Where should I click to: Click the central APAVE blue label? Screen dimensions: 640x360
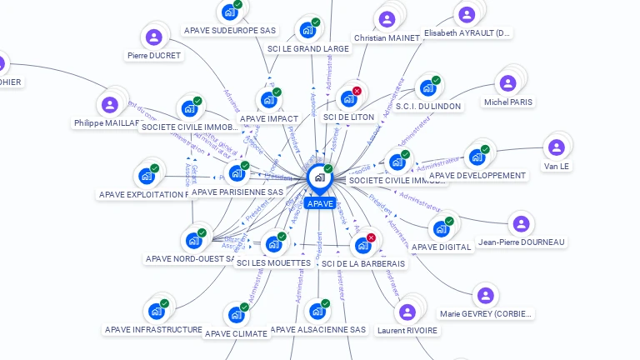(320, 203)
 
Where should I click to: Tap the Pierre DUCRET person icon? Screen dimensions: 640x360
(153, 37)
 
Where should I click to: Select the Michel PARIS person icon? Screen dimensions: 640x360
(507, 83)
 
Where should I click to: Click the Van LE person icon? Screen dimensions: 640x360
(556, 147)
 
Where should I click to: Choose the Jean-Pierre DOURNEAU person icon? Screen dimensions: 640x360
(521, 223)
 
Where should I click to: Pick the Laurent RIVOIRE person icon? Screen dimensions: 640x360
(407, 312)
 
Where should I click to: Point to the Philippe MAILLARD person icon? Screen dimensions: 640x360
(108, 105)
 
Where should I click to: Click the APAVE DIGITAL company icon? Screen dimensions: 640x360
(441, 228)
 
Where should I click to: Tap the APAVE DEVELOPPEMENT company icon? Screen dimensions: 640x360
(477, 157)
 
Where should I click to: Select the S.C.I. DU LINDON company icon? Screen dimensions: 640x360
(427, 87)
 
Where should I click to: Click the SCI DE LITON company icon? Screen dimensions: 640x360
(348, 98)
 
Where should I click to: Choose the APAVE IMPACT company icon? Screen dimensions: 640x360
(268, 100)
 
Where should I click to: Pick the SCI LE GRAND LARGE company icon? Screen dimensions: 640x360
(307, 30)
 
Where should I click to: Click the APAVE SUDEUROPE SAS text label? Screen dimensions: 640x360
(230, 30)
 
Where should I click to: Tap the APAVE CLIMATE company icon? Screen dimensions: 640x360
(236, 315)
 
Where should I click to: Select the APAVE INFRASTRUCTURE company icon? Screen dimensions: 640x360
(156, 312)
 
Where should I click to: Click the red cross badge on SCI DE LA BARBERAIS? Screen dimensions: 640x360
(371, 237)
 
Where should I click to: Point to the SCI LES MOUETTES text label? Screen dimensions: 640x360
(273, 263)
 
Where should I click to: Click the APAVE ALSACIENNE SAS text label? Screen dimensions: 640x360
(318, 330)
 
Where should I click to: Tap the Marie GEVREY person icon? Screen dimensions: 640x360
(485, 296)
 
